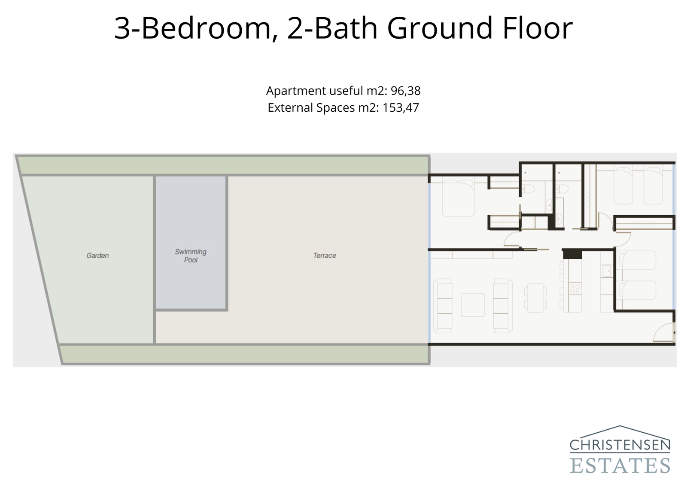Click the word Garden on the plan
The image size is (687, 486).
pos(97,255)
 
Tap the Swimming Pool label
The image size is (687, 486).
pos(191,256)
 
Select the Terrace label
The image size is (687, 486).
pos(325,255)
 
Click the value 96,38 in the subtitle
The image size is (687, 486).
pos(405,91)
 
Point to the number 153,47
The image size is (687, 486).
pos(400,107)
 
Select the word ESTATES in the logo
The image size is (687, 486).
pos(620,465)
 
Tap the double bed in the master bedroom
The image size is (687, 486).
pos(458,198)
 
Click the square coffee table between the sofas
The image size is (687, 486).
pos(472,305)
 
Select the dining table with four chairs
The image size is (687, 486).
pos(535,297)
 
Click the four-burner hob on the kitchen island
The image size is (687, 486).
pos(575,289)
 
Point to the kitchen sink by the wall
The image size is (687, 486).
pos(607,271)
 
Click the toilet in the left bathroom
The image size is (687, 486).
pos(529,189)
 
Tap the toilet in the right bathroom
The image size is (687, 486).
pos(562,189)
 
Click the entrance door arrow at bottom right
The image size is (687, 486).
pos(674,333)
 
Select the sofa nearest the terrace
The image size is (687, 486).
pos(442,306)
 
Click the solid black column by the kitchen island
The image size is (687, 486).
pos(572,254)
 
